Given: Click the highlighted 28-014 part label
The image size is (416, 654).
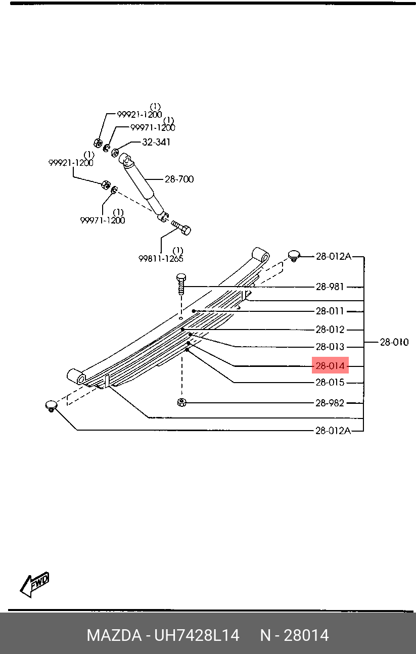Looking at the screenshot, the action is [x=330, y=365].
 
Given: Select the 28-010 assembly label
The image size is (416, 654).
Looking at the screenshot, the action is [x=394, y=342].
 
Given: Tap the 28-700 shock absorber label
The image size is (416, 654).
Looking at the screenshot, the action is [x=179, y=179].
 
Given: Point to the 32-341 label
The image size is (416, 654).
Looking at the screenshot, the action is [x=156, y=142].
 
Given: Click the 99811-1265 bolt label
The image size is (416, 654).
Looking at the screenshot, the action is [x=161, y=258].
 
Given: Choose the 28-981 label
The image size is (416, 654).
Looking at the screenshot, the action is [x=330, y=287].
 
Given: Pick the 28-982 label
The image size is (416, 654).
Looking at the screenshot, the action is [x=330, y=403].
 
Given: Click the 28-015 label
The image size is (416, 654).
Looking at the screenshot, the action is [x=330, y=382].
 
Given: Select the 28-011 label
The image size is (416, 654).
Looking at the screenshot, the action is [x=330, y=311].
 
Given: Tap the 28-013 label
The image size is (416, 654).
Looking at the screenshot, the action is [x=330, y=347].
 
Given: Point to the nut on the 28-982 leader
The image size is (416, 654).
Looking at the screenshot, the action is [x=181, y=402].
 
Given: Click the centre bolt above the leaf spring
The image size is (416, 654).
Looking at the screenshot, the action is [x=181, y=284].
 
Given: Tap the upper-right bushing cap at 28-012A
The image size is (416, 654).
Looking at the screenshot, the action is [x=294, y=255].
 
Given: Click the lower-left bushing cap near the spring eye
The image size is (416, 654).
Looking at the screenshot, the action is [x=52, y=406].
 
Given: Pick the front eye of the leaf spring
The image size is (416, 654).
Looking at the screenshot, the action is [x=76, y=377].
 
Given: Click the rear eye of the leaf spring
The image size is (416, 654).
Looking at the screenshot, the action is [x=261, y=255].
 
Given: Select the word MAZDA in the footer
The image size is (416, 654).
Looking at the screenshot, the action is [x=115, y=635].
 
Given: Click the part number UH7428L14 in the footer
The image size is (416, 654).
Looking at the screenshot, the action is [x=197, y=635].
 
